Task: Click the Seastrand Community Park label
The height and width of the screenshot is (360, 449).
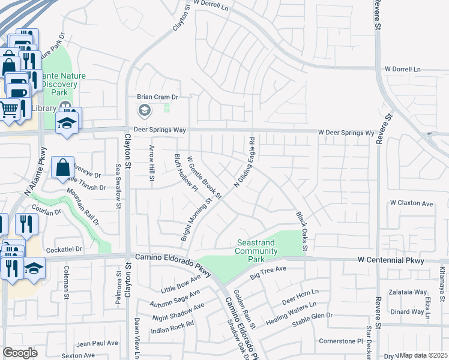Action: (256, 251)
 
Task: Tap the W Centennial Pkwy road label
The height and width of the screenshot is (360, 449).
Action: (391, 261)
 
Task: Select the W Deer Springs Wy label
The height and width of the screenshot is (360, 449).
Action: (346, 133)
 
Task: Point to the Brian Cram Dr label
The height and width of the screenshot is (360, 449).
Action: (158, 97)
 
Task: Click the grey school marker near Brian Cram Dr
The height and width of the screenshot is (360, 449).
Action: (144, 110)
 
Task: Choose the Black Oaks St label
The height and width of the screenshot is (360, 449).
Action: (301, 231)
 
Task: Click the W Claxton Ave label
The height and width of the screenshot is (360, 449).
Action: (411, 204)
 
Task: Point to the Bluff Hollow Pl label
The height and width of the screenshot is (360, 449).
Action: (186, 173)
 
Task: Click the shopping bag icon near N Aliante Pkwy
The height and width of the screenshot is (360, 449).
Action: (63, 169)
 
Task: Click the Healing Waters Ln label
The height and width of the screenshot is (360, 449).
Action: (291, 314)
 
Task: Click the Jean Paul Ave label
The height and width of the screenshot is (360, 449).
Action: (97, 343)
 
